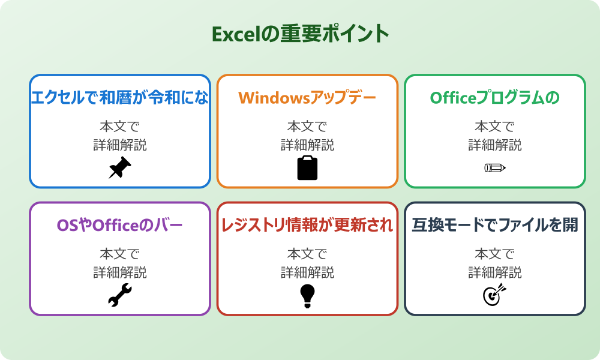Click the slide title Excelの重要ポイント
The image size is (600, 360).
tap(300, 34)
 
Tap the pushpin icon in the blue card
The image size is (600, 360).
tap(120, 167)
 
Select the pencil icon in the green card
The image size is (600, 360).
tap(494, 167)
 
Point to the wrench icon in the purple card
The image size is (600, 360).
tap(120, 295)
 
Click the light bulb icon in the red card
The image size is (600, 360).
tap(307, 295)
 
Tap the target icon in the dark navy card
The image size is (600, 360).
tap(494, 295)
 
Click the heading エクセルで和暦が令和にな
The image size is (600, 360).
tap(120, 98)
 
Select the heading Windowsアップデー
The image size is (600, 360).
tap(307, 98)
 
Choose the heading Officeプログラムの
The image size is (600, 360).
tap(494, 98)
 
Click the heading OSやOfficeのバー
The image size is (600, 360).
tap(120, 226)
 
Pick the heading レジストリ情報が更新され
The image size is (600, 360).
tap(307, 226)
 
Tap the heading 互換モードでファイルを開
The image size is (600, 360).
tap(494, 226)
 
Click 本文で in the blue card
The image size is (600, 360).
tap(120, 127)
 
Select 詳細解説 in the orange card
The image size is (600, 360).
tap(307, 145)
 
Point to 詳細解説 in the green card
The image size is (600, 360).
tap(494, 145)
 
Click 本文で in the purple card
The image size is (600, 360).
tap(120, 254)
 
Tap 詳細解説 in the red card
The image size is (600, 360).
tap(307, 272)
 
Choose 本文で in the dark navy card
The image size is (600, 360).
tap(494, 254)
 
